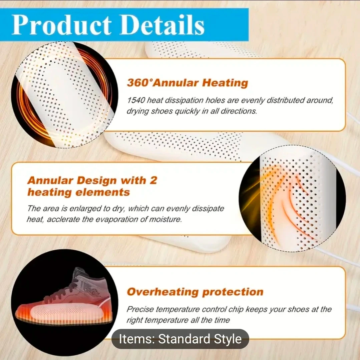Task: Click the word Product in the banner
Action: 62,25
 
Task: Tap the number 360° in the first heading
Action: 140,83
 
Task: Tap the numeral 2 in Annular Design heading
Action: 153,180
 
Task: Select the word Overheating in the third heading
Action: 162,292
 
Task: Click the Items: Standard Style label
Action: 181,339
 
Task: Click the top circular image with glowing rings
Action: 64,95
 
